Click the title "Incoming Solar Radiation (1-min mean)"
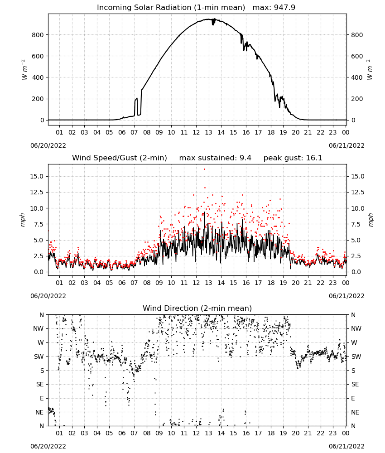coord(171,8)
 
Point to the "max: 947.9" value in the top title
coord(274,7)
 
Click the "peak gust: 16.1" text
coord(293,158)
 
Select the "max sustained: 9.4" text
coord(215,158)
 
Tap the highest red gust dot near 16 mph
coord(204,169)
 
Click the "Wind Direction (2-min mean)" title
coord(197,308)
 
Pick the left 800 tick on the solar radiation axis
coord(38,35)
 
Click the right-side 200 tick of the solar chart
coord(357,99)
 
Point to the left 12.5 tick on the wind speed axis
coord(37,193)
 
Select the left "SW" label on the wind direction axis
coord(39,357)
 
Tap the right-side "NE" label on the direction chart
coord(355,412)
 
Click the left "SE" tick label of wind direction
coord(40,384)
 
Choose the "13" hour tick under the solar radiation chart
coord(208,132)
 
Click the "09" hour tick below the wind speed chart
coord(159,283)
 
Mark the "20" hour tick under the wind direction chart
coord(295,433)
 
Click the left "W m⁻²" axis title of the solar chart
coord(24,70)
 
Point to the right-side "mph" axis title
coord(371,220)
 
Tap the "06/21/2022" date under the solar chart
coord(346,145)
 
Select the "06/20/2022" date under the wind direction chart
coord(48,446)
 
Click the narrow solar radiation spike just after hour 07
coord(136,107)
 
